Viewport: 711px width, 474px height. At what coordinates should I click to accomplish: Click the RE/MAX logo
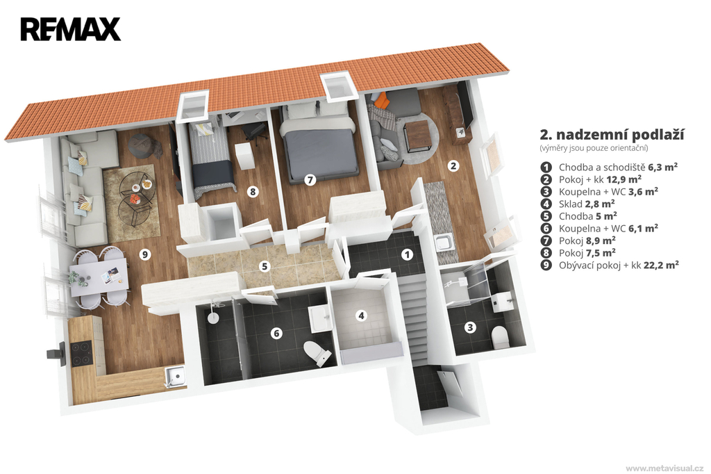70,29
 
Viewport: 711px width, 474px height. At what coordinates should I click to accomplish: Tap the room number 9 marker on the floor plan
145,254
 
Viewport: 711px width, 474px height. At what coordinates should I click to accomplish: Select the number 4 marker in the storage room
361,315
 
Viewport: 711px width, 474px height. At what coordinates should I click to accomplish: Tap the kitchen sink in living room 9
175,377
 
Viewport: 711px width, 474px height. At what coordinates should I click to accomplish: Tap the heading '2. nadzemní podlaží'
612,135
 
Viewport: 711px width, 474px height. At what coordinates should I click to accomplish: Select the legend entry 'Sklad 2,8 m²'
587,204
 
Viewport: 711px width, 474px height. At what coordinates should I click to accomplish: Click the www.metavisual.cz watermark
664,468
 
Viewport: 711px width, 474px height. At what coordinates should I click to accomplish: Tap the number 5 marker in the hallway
265,266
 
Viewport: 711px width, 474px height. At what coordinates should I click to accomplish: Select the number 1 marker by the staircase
407,254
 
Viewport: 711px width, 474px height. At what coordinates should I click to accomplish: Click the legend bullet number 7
546,240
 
